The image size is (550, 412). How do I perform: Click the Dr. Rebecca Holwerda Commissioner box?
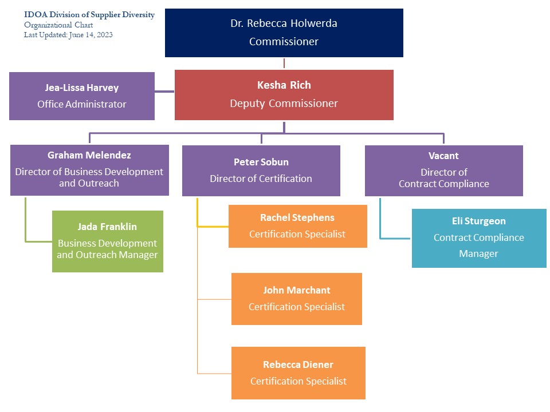(x=284, y=33)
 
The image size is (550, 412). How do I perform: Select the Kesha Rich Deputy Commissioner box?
(x=284, y=95)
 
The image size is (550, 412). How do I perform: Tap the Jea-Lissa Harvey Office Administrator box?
(x=82, y=96)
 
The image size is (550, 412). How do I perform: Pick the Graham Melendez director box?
(x=89, y=170)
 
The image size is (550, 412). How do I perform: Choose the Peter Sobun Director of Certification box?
(x=261, y=171)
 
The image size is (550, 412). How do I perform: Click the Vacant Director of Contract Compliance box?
(x=443, y=171)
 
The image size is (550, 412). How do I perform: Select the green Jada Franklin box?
(x=108, y=241)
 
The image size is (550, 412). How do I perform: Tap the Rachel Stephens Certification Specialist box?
(x=297, y=226)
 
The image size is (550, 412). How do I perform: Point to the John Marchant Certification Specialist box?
(x=297, y=299)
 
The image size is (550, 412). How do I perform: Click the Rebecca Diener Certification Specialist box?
(x=298, y=373)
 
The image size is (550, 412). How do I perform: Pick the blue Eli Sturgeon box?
(x=479, y=238)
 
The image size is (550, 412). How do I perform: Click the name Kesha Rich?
(x=284, y=85)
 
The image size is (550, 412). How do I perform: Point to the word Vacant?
(x=443, y=156)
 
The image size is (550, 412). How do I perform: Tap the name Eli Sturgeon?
(x=479, y=221)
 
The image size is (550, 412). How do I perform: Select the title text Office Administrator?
(x=82, y=104)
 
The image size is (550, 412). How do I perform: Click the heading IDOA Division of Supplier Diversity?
(x=89, y=15)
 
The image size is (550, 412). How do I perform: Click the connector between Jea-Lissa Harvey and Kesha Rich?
(x=164, y=91)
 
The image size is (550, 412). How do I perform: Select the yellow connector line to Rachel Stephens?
(x=212, y=226)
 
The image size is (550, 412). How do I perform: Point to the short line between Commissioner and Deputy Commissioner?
(x=284, y=63)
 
